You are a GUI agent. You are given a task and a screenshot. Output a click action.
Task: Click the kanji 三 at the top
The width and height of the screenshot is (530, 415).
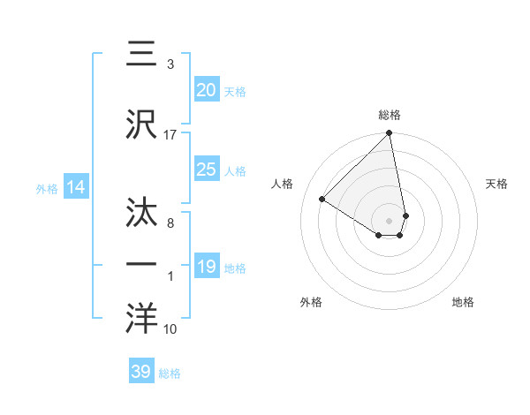click(x=141, y=53)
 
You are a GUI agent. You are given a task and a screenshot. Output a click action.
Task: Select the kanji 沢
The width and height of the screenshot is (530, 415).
click(x=141, y=124)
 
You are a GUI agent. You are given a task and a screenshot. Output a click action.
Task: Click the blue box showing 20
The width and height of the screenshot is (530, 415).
click(x=206, y=90)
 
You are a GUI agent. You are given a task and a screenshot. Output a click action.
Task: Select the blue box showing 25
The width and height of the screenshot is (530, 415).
click(x=206, y=170)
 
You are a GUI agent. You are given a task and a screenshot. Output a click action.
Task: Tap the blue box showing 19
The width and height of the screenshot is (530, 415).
click(x=206, y=267)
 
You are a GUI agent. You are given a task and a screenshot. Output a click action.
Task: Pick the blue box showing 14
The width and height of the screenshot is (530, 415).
click(x=76, y=187)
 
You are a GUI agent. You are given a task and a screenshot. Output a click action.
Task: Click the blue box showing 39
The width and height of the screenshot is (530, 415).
click(x=141, y=372)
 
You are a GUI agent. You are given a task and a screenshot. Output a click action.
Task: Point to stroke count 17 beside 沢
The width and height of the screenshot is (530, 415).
click(x=170, y=134)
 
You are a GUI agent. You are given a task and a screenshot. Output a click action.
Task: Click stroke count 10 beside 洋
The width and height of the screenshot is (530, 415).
click(x=170, y=329)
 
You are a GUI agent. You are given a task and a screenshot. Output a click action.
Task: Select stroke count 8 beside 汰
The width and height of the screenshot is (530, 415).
click(x=170, y=223)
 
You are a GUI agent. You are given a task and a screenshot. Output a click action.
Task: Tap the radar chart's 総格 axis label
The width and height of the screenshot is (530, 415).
click(x=390, y=115)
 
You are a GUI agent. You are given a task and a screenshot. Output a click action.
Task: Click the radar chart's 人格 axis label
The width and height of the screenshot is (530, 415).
click(x=283, y=184)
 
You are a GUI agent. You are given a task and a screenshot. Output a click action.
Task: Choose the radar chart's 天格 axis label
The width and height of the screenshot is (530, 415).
click(x=496, y=184)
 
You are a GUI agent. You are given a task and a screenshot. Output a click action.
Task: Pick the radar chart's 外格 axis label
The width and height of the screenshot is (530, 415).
click(x=311, y=302)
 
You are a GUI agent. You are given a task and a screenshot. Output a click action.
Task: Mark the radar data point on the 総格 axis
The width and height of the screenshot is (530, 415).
click(x=390, y=134)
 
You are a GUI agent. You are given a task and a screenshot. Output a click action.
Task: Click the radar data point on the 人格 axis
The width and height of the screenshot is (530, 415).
click(x=322, y=200)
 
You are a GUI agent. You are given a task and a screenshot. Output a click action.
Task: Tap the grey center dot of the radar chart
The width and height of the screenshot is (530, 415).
click(x=390, y=220)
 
